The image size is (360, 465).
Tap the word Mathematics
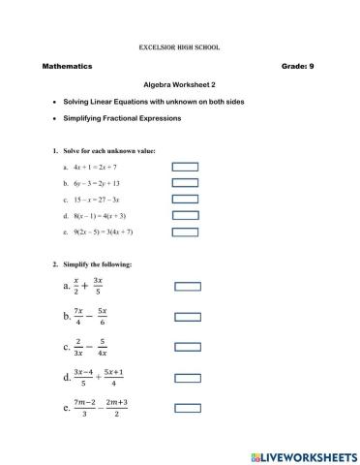pyautogui.click(x=67, y=66)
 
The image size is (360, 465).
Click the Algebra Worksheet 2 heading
pyautogui.click(x=180, y=84)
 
